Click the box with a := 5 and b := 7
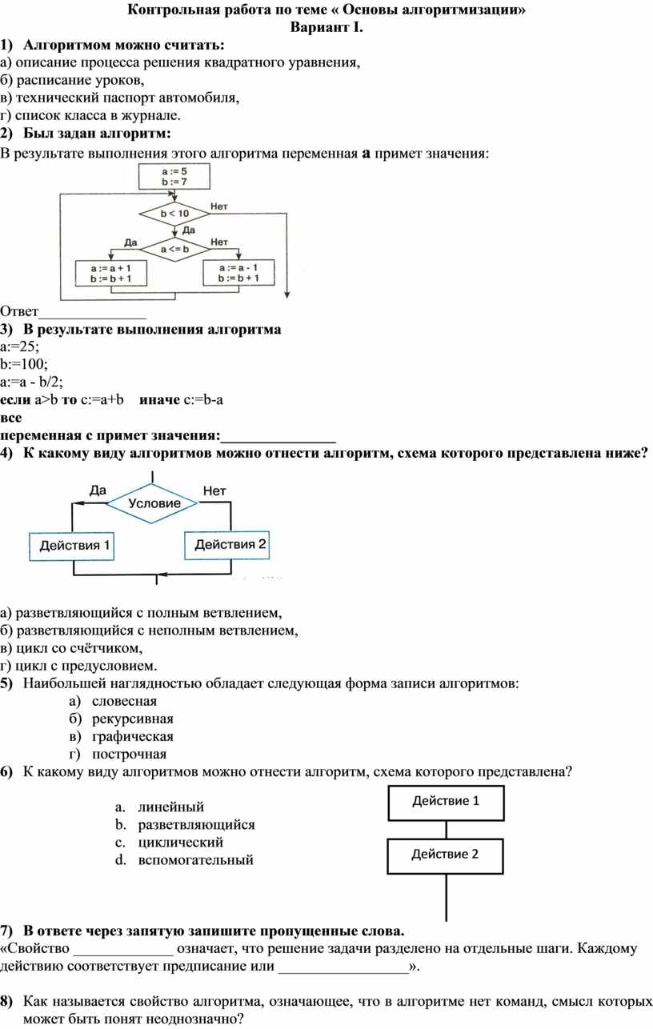click(174, 176)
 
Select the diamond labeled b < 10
click(174, 213)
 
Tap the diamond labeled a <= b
click(174, 250)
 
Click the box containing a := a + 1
click(110, 274)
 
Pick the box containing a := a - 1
click(238, 273)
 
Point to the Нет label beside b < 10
click(218, 206)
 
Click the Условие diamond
click(153, 503)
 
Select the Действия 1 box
click(72, 547)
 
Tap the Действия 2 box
click(227, 545)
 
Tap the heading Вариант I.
click(326, 27)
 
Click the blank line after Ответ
click(93, 316)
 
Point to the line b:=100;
click(24, 364)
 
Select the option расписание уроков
click(72, 80)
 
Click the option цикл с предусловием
click(78, 666)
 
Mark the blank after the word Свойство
click(123, 953)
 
